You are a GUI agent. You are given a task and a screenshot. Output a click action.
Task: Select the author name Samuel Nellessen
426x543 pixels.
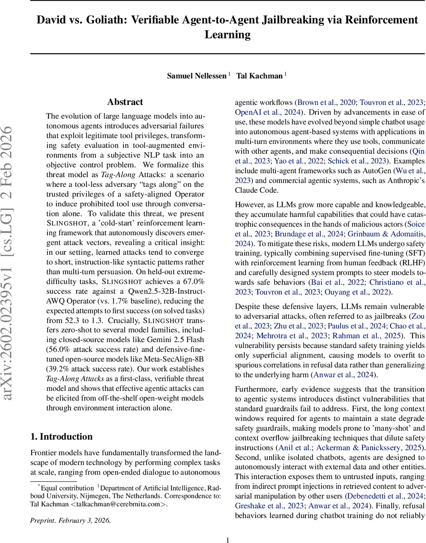tap(197, 76)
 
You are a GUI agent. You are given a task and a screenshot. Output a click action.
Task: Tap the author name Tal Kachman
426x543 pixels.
tap(260, 76)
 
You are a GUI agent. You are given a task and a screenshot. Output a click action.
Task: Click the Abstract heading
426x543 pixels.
tap(125, 102)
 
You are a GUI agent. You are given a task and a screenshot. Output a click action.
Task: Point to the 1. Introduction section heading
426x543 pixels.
tap(61, 437)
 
